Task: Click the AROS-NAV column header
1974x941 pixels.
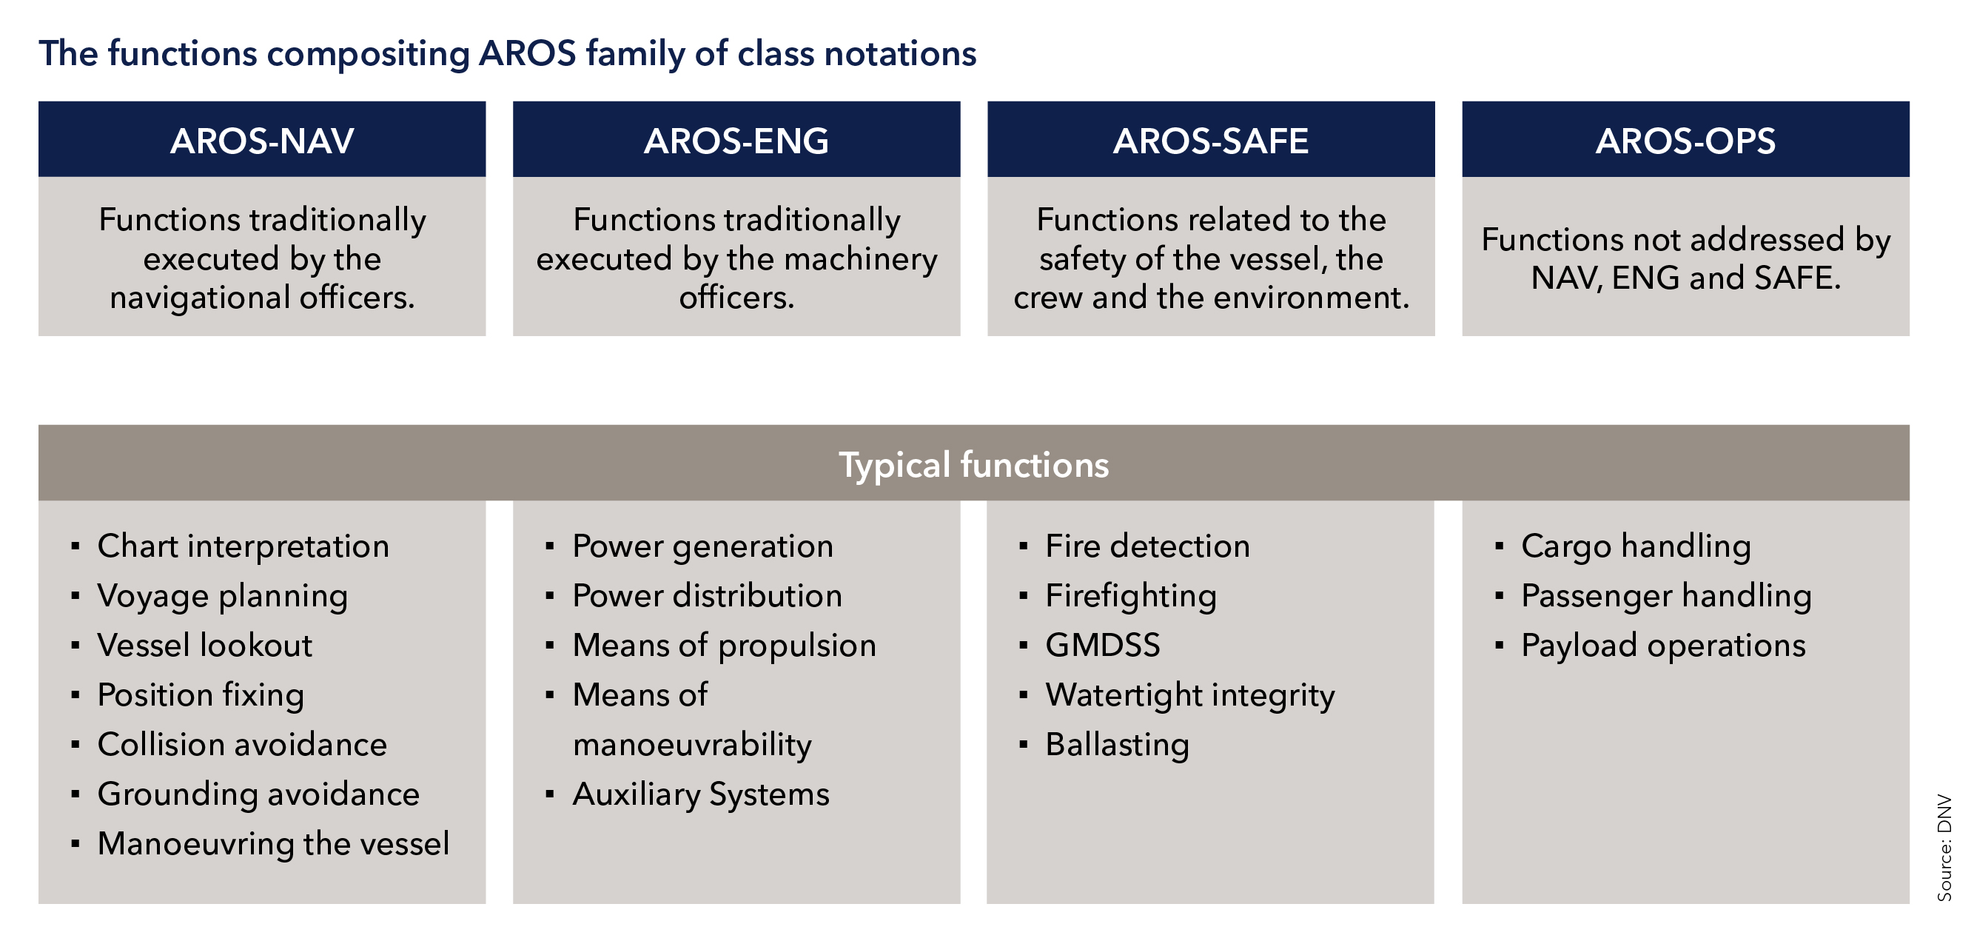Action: [x=262, y=141]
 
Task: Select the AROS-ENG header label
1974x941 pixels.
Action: [x=736, y=141]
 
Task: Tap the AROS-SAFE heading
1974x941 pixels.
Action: [x=1211, y=141]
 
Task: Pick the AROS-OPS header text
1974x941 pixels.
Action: [x=1685, y=141]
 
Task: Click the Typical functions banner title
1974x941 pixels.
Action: [x=973, y=465]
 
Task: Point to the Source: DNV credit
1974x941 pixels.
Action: [x=1945, y=848]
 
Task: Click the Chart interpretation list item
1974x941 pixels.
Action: [x=244, y=547]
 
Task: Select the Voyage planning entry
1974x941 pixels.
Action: [x=223, y=597]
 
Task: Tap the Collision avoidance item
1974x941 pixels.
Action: [x=243, y=745]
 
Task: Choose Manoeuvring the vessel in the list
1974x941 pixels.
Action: [x=274, y=845]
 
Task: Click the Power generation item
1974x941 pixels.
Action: [x=702, y=547]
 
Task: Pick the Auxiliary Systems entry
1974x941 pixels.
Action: [x=701, y=795]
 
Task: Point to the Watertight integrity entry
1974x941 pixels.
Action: [x=1190, y=696]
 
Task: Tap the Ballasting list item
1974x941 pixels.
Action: [x=1118, y=746]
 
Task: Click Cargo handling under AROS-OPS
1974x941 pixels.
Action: [x=1636, y=547]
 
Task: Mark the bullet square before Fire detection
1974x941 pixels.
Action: [x=1023, y=547]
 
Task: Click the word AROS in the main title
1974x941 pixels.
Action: [x=527, y=53]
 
